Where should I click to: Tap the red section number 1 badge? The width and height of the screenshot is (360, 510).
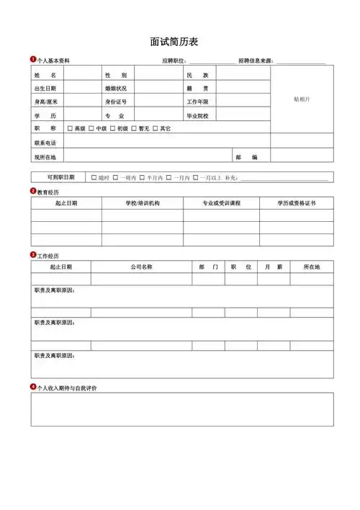coord(33,59)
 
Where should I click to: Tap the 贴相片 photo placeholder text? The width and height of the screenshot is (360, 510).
coord(302,99)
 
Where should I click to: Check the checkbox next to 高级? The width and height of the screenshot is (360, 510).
coord(70,129)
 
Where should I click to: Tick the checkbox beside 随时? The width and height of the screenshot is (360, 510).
coord(94,177)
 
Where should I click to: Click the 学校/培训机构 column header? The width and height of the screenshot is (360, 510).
coord(143,204)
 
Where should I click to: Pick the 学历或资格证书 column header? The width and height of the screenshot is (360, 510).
coord(297,204)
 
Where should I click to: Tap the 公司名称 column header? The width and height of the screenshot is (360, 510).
coord(141,267)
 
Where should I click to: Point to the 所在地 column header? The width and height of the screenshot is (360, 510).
coord(312,267)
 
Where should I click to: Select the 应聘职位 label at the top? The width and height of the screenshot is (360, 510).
coord(174,61)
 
